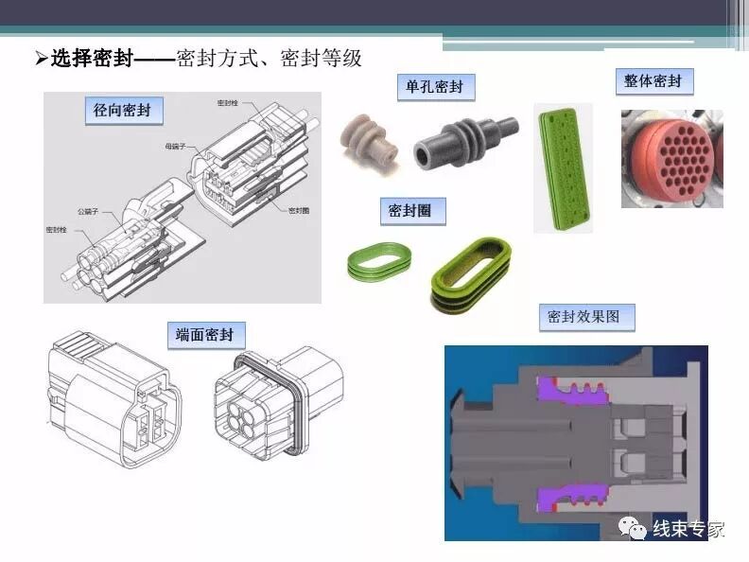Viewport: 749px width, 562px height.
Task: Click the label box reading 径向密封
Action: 122,111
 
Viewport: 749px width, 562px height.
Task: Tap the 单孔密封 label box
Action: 434,87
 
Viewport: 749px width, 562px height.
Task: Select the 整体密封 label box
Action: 653,81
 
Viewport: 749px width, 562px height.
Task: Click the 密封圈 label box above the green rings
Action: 409,210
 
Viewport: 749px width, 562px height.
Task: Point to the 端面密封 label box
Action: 211,335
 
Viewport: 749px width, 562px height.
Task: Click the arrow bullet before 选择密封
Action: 41,60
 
